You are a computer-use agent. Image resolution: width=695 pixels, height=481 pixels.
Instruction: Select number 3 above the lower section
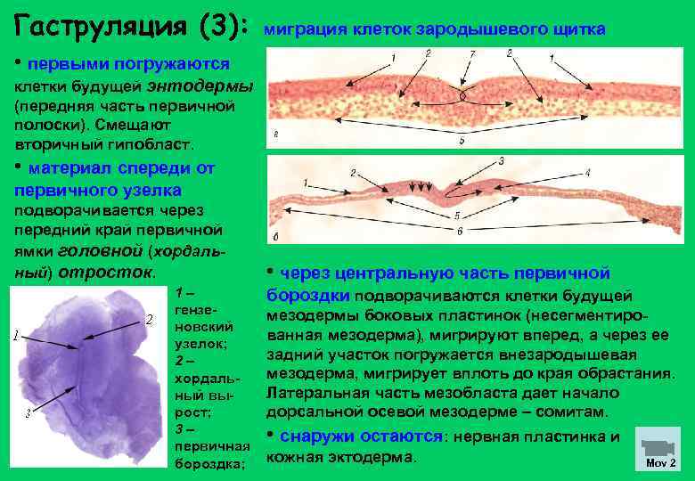coord(502,161)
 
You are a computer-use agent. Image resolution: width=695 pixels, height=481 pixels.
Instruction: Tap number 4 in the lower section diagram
coord(587,172)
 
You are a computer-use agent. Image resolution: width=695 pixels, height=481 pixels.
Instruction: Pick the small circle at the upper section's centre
coord(462,94)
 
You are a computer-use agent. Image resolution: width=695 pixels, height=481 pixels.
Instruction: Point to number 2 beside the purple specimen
coord(149,320)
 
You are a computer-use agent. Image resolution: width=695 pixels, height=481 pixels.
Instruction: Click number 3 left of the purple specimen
coord(29,412)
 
